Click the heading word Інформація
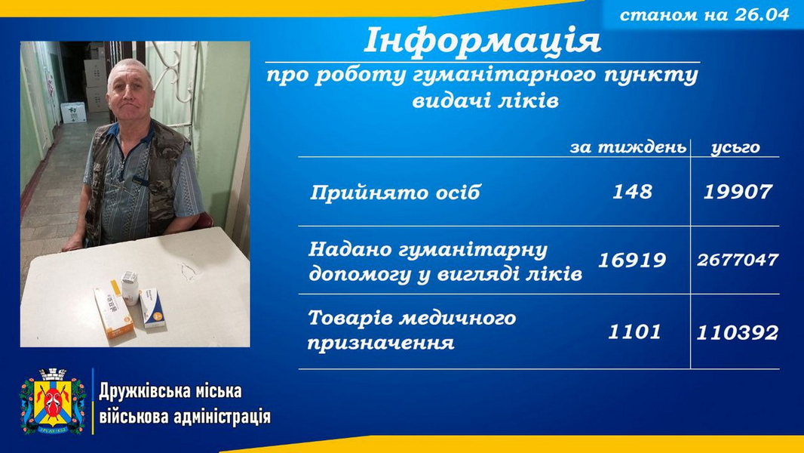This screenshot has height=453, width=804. click(482, 40)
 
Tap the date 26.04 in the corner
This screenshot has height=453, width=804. click(762, 14)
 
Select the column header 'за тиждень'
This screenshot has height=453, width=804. click(628, 147)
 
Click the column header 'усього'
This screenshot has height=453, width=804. click(735, 148)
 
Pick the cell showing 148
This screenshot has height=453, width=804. click(632, 191)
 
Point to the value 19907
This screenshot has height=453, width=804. click(738, 191)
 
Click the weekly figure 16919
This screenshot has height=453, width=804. click(632, 260)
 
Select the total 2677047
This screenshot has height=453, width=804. click(738, 260)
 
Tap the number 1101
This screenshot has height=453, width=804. click(634, 331)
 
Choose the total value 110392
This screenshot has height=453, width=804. click(738, 332)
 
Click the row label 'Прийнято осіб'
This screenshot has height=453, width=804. click(394, 193)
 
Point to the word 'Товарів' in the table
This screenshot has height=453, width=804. click(348, 318)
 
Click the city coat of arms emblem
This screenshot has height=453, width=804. click(52, 401)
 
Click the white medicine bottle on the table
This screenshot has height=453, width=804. click(130, 288)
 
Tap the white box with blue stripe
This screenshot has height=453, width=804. click(152, 308)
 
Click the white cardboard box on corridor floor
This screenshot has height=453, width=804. click(73, 112)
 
